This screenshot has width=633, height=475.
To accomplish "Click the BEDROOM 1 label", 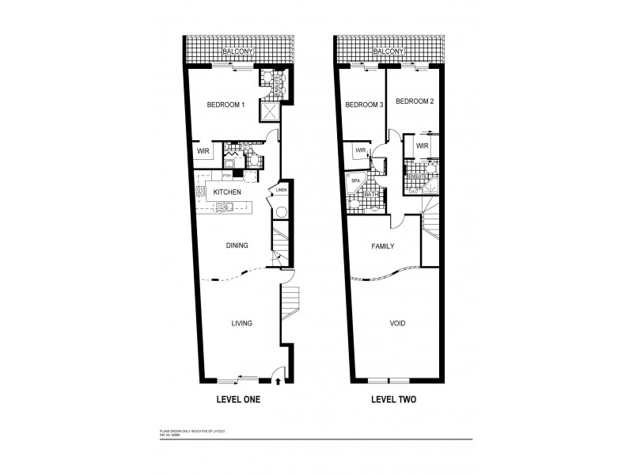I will click(226, 105).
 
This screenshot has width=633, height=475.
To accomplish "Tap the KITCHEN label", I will click(226, 192).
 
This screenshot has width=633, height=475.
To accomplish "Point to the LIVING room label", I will click(241, 323).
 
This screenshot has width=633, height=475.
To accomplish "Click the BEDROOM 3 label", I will click(365, 105).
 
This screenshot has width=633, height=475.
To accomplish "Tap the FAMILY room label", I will click(383, 246).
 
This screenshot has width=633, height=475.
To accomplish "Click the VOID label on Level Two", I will click(397, 323).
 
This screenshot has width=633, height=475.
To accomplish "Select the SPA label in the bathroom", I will click(355, 180).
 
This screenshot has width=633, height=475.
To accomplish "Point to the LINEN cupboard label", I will click(282, 190).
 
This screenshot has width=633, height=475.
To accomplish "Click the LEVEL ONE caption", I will click(238, 400).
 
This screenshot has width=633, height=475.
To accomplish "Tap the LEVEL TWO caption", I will click(394, 400).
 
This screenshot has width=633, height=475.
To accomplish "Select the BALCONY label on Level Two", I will click(389, 51).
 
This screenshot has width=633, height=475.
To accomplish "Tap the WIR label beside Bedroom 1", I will click(202, 150).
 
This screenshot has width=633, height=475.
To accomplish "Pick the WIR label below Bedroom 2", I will click(422, 146).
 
